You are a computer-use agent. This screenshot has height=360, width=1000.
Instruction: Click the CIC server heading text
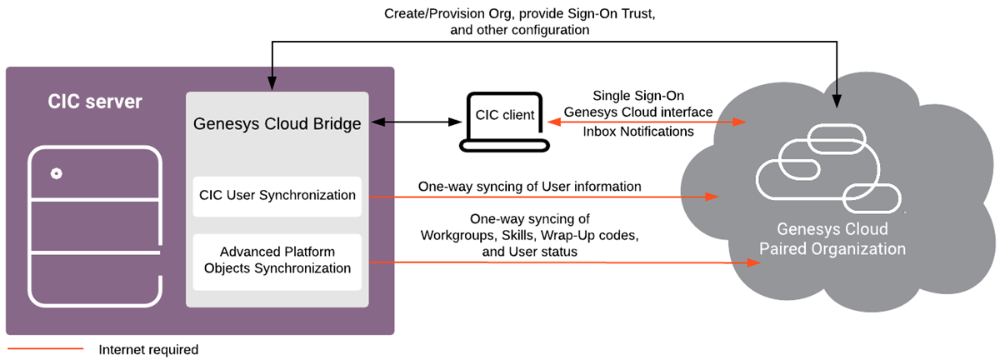click(95, 102)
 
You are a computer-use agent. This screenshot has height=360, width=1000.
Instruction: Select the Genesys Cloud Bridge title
click(277, 124)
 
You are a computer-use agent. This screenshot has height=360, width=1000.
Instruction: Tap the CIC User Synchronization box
click(277, 196)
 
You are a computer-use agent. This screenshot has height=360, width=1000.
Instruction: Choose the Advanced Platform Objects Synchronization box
click(277, 260)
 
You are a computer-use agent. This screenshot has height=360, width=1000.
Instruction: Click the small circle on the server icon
click(56, 174)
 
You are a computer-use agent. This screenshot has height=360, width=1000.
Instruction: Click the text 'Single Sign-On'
click(637, 95)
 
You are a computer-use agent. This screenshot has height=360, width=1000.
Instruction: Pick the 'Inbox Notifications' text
click(637, 132)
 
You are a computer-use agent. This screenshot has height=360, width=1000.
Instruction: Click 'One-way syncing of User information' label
click(530, 187)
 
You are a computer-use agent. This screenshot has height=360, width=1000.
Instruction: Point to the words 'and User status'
click(530, 250)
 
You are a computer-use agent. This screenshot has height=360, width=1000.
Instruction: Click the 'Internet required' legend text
click(148, 349)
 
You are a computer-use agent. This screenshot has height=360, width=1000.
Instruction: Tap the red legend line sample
click(46, 349)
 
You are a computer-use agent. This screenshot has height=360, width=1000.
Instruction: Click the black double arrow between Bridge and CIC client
click(413, 122)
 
